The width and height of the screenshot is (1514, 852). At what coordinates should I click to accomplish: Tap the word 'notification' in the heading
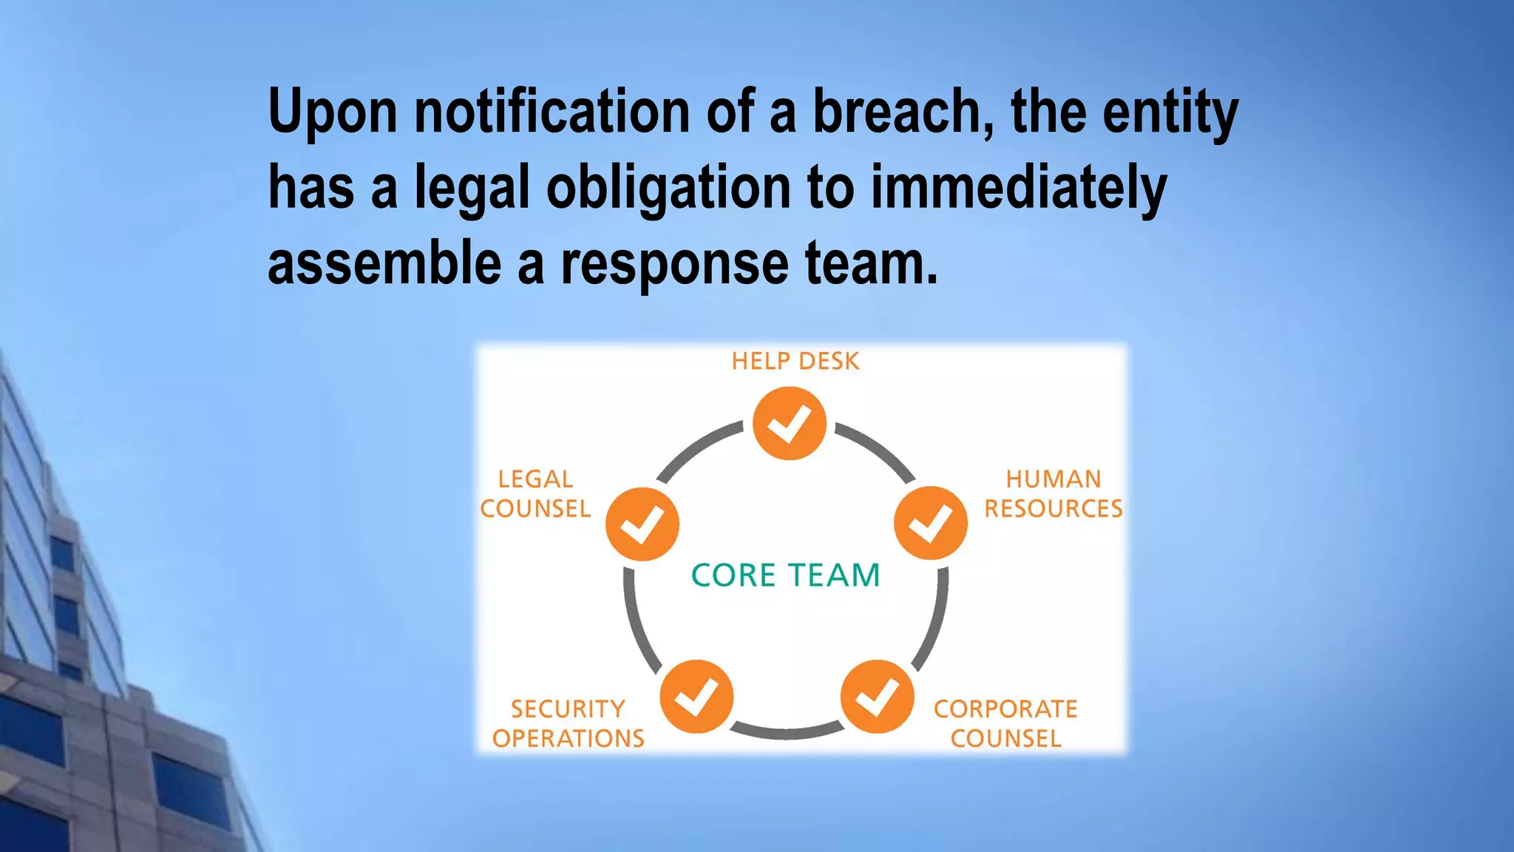pos(551,112)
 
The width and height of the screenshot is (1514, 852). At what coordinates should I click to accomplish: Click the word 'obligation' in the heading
pos(668,189)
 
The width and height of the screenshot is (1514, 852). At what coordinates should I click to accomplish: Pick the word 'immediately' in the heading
pos(1018,189)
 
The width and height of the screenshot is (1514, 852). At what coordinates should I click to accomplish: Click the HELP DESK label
pos(795,361)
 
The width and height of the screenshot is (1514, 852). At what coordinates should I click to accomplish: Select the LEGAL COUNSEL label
pos(535,494)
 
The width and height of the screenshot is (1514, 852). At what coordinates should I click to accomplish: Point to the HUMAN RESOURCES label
pos(1053,494)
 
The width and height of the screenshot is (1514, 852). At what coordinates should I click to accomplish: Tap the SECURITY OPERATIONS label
pos(568,723)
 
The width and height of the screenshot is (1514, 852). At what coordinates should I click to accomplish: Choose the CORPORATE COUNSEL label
pos(1005,723)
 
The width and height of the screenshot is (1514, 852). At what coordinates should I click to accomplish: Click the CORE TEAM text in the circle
pos(786,575)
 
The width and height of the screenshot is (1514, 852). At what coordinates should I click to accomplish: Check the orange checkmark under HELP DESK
pos(790,424)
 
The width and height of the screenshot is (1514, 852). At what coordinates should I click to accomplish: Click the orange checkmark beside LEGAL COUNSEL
pos(642,524)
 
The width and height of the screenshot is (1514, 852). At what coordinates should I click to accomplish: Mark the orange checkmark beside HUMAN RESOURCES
pos(930,523)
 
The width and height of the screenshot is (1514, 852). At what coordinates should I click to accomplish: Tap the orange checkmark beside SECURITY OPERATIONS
pos(696,697)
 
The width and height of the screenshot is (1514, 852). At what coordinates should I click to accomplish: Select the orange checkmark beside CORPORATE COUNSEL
pos(877,697)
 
